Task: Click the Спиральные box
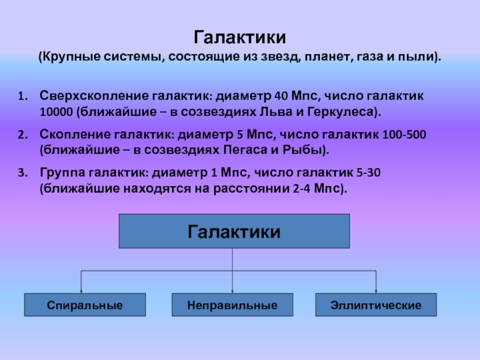pyautogui.click(x=85, y=305)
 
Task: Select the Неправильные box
pyautogui.click(x=232, y=305)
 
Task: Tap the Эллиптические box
pyautogui.click(x=376, y=305)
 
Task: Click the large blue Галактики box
pyautogui.click(x=234, y=231)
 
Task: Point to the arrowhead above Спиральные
pyautogui.click(x=82, y=290)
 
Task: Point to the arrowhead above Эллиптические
pyautogui.click(x=376, y=290)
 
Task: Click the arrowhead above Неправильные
pyautogui.click(x=232, y=290)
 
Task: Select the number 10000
pyautogui.click(x=56, y=112)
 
